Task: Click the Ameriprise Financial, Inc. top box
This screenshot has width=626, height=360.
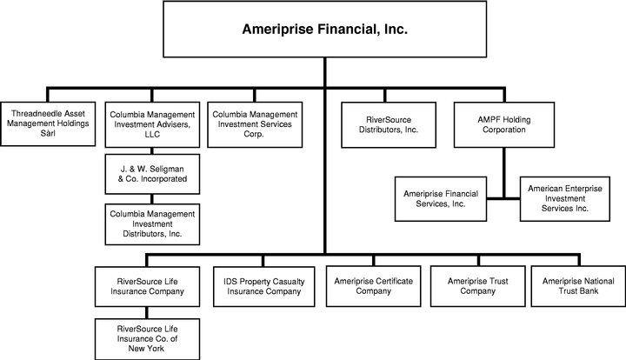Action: [324, 30]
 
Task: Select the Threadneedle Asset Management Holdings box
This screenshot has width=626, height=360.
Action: [48, 123]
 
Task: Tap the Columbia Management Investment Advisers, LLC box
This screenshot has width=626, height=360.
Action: [152, 124]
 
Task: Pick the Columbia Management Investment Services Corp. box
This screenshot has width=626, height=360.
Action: [255, 124]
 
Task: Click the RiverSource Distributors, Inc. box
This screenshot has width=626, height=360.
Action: [389, 125]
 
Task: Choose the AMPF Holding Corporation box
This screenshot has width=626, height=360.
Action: [503, 124]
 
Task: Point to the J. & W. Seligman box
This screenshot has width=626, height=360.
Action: [152, 174]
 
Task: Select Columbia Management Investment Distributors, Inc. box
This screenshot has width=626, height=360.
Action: [152, 224]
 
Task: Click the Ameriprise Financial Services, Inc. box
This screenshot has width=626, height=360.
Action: [441, 199]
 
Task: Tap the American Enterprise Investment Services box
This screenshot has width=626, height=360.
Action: [565, 199]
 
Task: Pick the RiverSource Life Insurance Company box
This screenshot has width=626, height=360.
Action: [147, 287]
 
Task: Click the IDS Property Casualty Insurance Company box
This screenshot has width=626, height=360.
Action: [264, 287]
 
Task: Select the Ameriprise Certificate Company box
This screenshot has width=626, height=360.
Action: [373, 287]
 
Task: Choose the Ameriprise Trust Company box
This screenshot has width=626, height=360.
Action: [477, 287]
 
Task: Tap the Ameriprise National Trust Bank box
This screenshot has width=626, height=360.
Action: [578, 287]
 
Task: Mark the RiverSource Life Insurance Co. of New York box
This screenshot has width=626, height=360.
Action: [147, 339]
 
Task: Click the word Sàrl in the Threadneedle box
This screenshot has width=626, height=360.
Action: [48, 133]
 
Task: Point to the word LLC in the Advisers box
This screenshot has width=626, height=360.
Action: [152, 134]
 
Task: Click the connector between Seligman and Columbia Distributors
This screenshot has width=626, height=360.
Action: [152, 199]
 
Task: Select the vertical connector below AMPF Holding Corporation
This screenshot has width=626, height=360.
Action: [503, 173]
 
